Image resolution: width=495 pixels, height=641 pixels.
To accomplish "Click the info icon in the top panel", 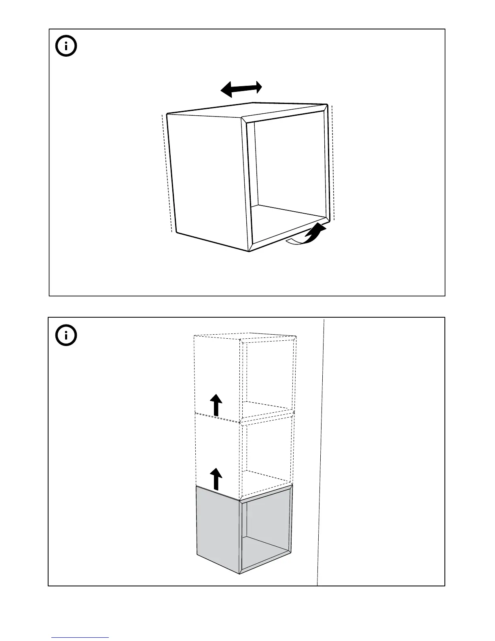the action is tap(66, 47).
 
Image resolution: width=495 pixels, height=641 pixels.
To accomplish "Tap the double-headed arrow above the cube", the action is tap(241, 89).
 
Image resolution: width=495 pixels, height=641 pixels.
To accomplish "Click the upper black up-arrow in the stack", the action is tap(217, 405).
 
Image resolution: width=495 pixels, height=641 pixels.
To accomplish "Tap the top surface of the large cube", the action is tap(247, 110).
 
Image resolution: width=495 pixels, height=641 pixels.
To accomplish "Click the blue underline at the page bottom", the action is tap(80, 638).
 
